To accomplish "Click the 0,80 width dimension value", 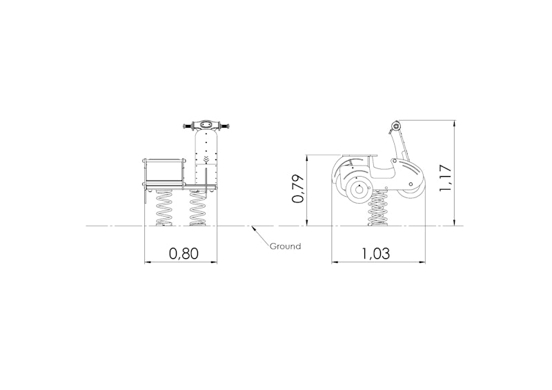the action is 184,253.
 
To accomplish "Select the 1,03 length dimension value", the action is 375,253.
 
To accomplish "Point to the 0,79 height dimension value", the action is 298,188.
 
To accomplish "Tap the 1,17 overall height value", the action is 445,178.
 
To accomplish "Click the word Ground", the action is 285,246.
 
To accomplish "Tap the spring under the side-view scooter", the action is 377,209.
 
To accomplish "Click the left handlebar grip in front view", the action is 187,126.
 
